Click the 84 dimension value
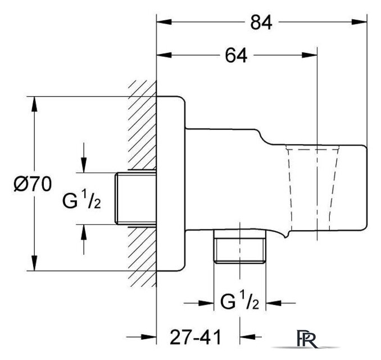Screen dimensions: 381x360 [x=261, y=22]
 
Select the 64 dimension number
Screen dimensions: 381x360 [x=236, y=56]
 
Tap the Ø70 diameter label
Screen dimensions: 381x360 [x=33, y=184]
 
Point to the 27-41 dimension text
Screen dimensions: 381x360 [x=196, y=337]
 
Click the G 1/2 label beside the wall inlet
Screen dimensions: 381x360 [x=81, y=200]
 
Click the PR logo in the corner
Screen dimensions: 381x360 [x=307, y=339]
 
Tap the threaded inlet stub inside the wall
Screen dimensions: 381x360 [x=135, y=198]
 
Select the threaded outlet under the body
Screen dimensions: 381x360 [x=240, y=246]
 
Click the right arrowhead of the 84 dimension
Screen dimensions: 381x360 [x=360, y=22]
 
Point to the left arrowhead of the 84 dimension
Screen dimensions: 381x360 [x=164, y=22]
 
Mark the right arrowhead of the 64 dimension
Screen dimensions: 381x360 [x=310, y=55]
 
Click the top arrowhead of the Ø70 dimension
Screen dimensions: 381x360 [x=35, y=105]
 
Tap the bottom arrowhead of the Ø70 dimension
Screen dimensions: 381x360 [x=35, y=263]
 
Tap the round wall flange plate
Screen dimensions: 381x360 [x=171, y=183]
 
